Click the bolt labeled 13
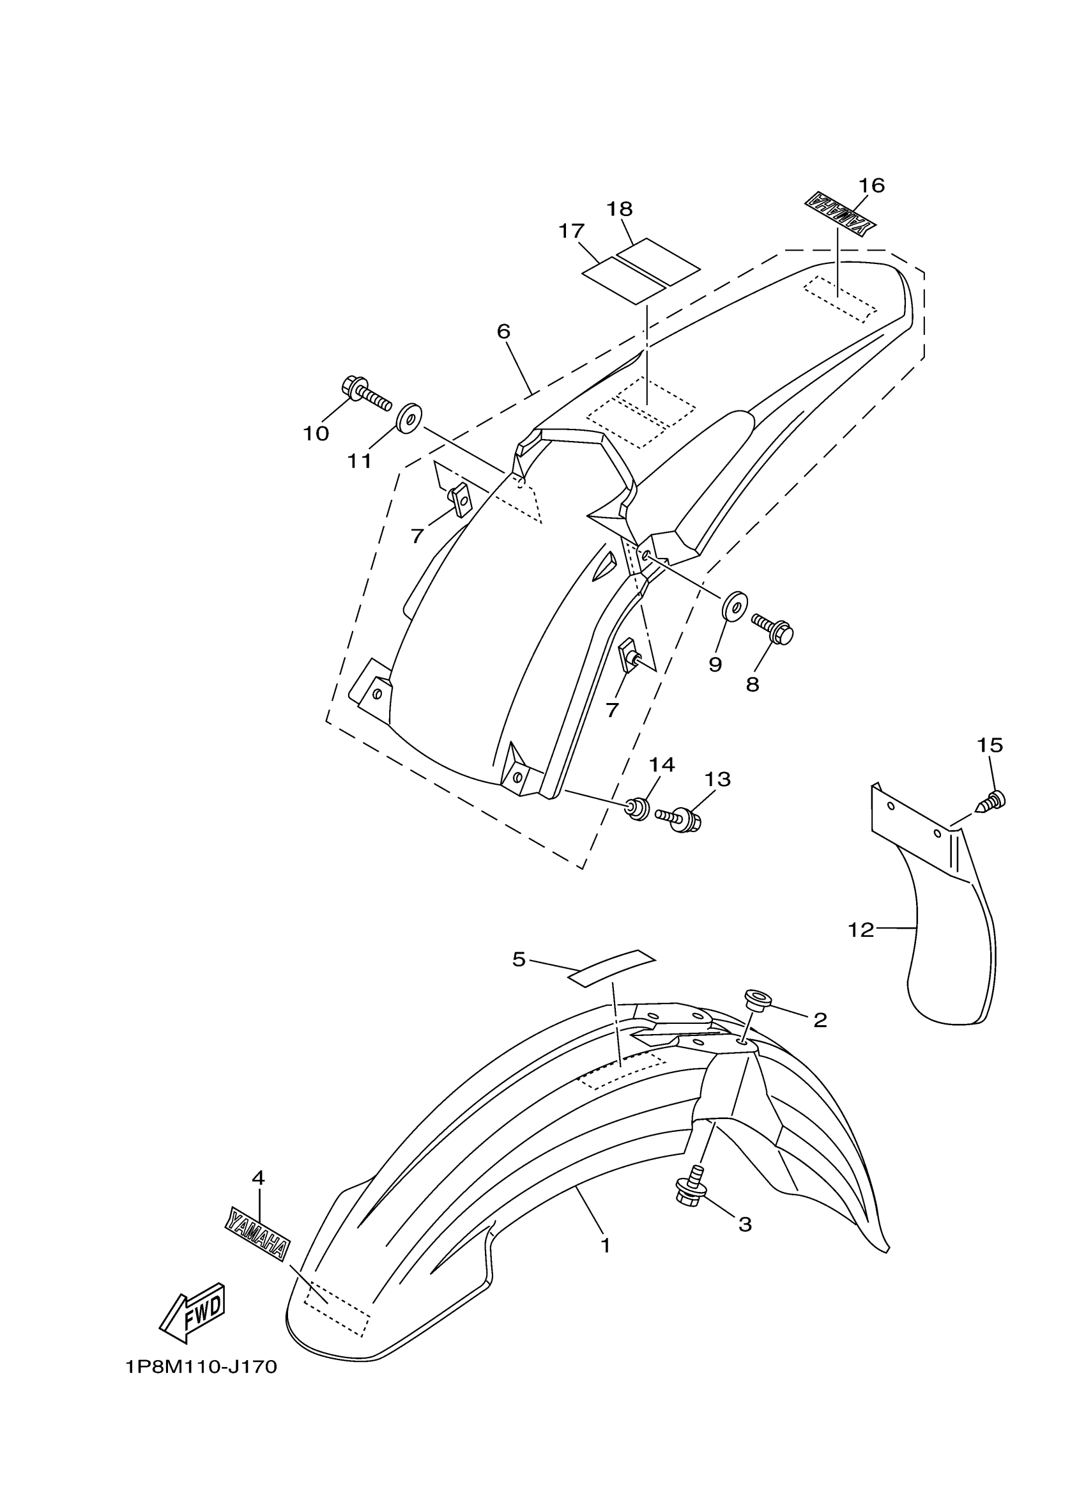[680, 819]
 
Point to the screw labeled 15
[991, 801]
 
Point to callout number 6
[503, 331]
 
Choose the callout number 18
[620, 209]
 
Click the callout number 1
[605, 1246]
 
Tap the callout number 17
[571, 231]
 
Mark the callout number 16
[871, 185]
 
